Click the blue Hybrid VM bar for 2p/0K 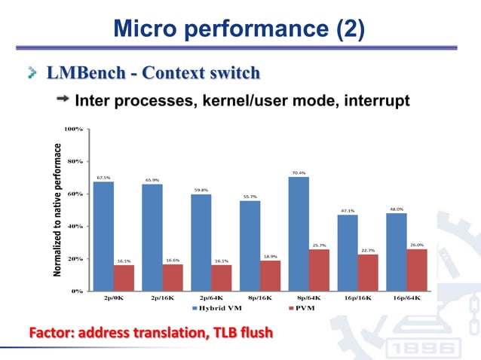point(103,236)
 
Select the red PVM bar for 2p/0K point(124,277)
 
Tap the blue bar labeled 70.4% point(299,233)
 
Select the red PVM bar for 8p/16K point(271,275)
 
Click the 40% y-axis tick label point(74,226)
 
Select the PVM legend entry point(302,309)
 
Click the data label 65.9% point(152,180)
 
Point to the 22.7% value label point(369,250)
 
